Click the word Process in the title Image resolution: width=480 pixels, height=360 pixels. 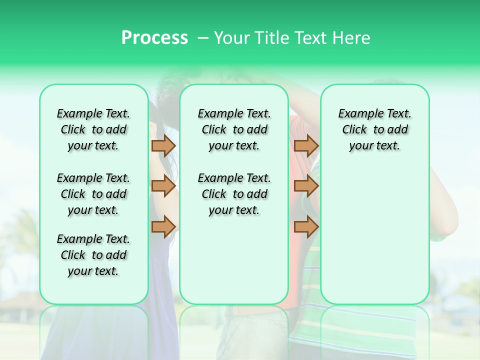pos(154,37)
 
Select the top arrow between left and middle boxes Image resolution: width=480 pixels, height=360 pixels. pos(163,145)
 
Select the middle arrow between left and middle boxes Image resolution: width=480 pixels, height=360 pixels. pos(163,186)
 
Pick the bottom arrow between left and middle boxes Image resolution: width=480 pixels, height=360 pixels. pos(163,226)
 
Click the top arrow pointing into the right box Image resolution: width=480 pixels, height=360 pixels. pos(306,145)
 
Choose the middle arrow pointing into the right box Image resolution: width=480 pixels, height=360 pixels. pos(306,186)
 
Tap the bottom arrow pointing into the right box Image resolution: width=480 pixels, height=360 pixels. pos(306,226)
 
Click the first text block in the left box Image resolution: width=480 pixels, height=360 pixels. pos(93,129)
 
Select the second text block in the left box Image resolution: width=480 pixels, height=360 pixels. pos(93,194)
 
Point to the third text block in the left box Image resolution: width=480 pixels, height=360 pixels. pos(93,255)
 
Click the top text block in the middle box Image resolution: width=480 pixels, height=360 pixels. pos(234,129)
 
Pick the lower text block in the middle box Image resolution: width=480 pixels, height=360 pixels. pos(234,194)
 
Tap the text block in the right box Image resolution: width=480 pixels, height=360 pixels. pos(374,129)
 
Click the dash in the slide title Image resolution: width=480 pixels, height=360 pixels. pos(203,38)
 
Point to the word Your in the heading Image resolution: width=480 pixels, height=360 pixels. pos(232,37)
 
